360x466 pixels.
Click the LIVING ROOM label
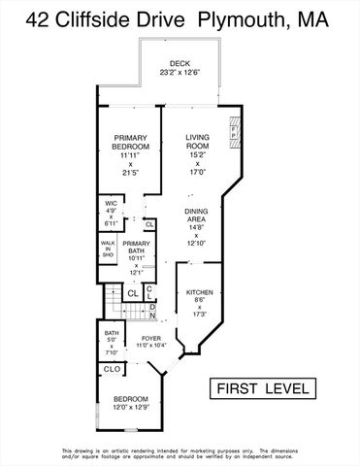tap(197, 144)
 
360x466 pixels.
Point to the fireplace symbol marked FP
tap(233, 133)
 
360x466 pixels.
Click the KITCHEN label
tap(199, 291)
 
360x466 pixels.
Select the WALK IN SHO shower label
tap(108, 248)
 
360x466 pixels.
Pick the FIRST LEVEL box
tap(265, 388)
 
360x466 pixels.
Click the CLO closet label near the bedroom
tap(112, 369)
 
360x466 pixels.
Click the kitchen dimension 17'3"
tap(200, 315)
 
